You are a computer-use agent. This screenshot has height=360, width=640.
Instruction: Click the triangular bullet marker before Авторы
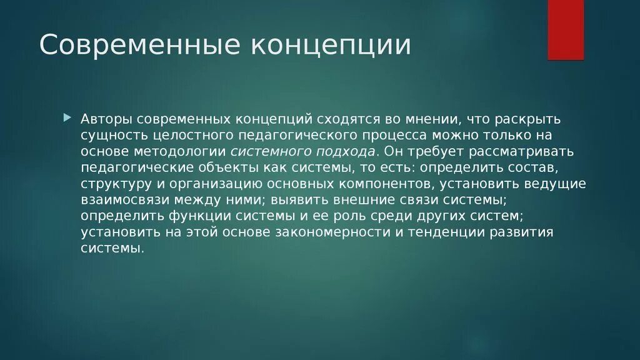pyautogui.click(x=86, y=117)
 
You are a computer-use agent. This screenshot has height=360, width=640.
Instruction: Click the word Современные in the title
pyautogui.click(x=137, y=45)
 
